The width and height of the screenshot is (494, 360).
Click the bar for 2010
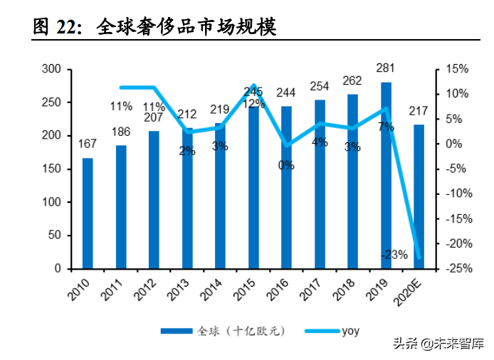(88, 213)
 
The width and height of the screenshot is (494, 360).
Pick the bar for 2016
(287, 188)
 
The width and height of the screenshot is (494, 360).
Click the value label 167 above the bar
(88, 144)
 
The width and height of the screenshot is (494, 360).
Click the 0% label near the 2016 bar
(286, 166)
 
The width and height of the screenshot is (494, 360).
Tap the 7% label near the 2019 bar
(386, 127)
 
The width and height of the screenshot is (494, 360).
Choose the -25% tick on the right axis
(456, 269)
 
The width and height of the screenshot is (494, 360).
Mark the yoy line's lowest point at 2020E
(419, 258)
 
